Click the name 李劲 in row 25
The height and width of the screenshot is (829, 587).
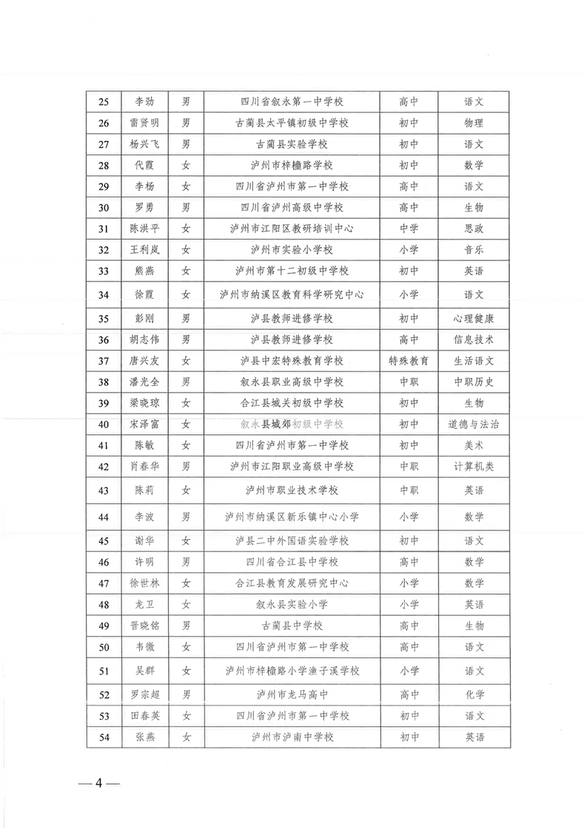point(144,101)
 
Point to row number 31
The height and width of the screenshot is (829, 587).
point(104,229)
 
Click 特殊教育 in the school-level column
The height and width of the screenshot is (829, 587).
point(409,361)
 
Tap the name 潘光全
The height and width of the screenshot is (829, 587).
point(144,382)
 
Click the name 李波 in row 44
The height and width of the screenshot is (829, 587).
point(144,516)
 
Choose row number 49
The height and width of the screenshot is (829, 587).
point(104,626)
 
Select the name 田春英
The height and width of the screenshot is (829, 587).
point(144,716)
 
